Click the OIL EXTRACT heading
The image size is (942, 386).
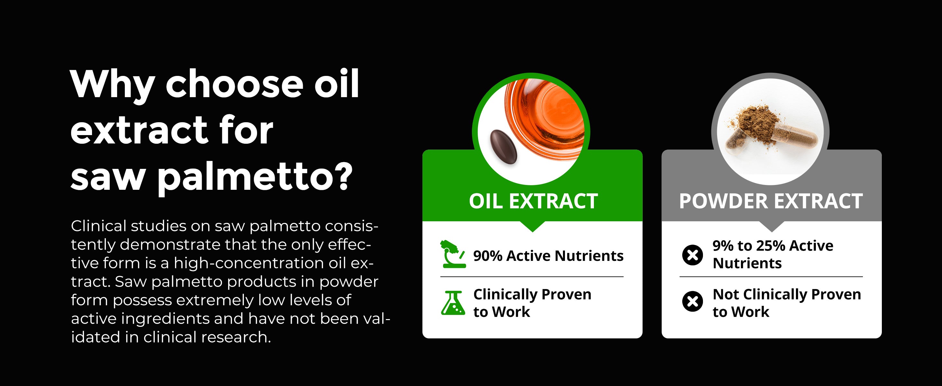tap(533, 201)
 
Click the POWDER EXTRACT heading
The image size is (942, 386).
tap(771, 201)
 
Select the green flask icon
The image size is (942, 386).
tap(453, 303)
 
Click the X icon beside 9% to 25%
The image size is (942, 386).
tap(692, 255)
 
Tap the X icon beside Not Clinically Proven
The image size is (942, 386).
tap(692, 302)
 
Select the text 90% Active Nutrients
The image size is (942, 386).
tap(548, 256)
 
